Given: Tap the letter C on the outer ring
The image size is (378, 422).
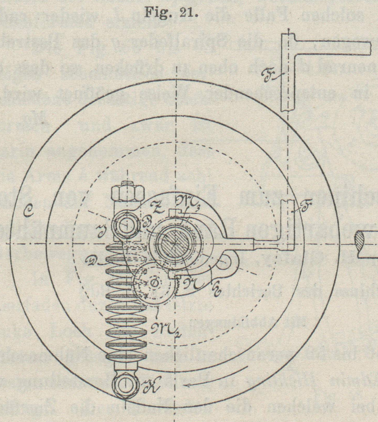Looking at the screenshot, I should pyautogui.click(x=28, y=212).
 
